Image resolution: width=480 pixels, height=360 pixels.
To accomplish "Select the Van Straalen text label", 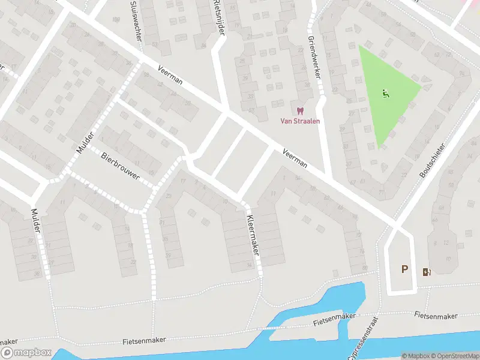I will (x=301, y=121).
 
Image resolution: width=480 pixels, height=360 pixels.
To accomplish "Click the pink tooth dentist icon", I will (x=300, y=110).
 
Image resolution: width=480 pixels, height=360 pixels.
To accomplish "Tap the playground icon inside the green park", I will (x=385, y=94).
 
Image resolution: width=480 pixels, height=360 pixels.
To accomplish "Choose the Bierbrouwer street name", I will (x=120, y=166).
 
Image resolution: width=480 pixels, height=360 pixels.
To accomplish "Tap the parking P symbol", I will (x=405, y=269).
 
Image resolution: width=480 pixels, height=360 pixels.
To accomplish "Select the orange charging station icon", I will (x=427, y=272).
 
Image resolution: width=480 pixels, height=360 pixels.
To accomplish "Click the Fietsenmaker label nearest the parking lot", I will (x=436, y=315).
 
